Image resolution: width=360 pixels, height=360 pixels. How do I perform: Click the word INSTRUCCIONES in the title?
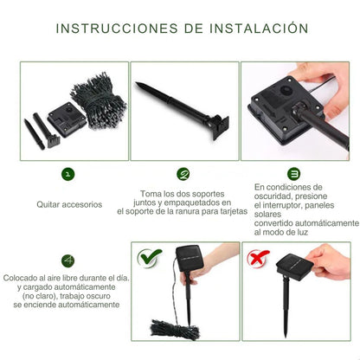pyautogui.click(x=117, y=29)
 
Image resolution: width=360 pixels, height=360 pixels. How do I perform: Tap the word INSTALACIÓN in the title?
pyautogui.click(x=259, y=28)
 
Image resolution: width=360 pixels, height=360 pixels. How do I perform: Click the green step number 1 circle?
pyautogui.click(x=67, y=174)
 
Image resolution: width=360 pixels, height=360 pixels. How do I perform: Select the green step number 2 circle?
pyautogui.click(x=183, y=174)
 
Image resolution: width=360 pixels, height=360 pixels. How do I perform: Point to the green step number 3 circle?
pyautogui.click(x=293, y=174)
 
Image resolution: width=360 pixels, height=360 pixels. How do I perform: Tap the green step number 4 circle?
pyautogui.click(x=67, y=260)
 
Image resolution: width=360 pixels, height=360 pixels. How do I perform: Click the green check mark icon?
pyautogui.click(x=150, y=258)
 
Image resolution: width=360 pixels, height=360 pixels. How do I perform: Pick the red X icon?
pyautogui.click(x=258, y=259)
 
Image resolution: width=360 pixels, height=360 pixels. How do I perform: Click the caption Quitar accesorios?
pyautogui.click(x=69, y=204)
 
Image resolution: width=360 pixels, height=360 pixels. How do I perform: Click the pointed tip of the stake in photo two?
pyautogui.click(x=137, y=83)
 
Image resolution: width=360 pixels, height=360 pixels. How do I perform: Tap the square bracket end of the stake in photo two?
pyautogui.click(x=221, y=127)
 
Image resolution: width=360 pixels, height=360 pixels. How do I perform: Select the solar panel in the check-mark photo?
pyautogui.click(x=190, y=258)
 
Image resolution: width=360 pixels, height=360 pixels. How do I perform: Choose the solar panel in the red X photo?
pyautogui.click(x=295, y=267)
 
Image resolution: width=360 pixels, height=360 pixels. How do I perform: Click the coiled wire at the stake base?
pyautogui.click(x=175, y=330)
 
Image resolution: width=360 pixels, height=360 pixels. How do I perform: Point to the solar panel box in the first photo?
pyautogui.click(x=67, y=119)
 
